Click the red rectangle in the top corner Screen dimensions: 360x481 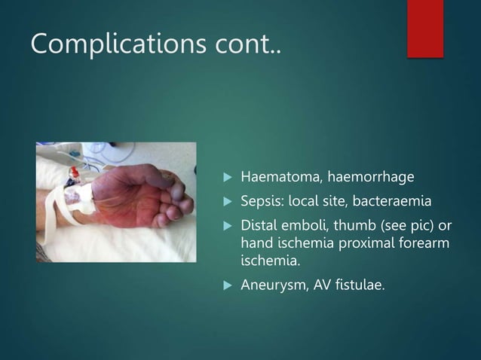(425, 28)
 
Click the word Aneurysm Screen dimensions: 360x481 (271, 285)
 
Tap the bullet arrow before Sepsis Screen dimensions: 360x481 (225, 203)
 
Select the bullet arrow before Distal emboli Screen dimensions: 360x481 (225, 226)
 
